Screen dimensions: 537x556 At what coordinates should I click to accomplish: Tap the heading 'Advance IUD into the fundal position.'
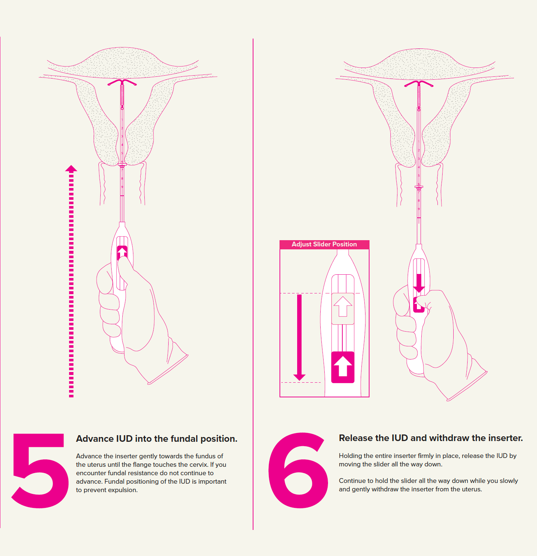pyautogui.click(x=156, y=439)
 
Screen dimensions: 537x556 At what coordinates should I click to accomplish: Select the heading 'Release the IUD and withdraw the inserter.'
pyautogui.click(x=431, y=438)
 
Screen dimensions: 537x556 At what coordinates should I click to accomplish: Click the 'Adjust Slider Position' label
pyautogui.click(x=324, y=244)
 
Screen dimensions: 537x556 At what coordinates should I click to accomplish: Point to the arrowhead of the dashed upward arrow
pyautogui.click(x=71, y=169)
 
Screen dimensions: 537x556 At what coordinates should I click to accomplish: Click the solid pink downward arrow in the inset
pyautogui.click(x=299, y=337)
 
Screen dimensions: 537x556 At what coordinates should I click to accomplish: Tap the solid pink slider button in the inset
pyautogui.click(x=343, y=367)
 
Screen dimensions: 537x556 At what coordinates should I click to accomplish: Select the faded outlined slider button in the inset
pyautogui.click(x=343, y=308)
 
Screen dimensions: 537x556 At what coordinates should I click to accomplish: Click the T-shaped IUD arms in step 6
pyautogui.click(x=419, y=83)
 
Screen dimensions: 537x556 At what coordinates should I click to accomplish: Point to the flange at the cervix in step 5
pyautogui.click(x=122, y=165)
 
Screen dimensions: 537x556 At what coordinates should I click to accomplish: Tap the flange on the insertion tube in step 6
pyautogui.click(x=419, y=187)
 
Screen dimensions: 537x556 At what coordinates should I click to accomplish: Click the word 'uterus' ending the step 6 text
pyautogui.click(x=471, y=489)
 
